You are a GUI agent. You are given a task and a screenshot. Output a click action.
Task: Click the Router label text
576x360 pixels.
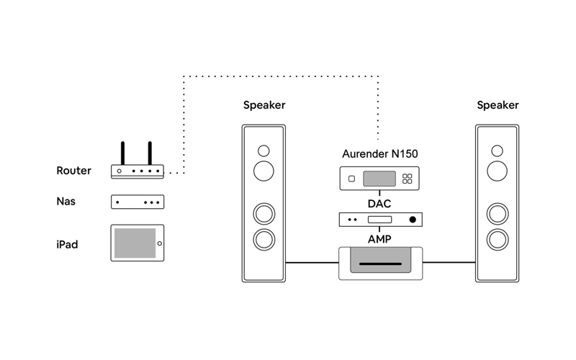coord(73,171)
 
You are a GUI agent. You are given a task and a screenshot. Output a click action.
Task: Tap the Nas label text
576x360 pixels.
coord(66,202)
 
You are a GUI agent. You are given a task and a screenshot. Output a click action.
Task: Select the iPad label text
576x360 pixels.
coord(67,245)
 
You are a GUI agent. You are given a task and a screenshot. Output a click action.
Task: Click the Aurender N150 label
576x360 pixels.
coord(379,153)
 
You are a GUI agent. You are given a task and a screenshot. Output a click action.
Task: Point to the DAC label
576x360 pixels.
coord(379,204)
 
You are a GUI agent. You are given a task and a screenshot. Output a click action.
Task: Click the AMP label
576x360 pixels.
coord(379,238)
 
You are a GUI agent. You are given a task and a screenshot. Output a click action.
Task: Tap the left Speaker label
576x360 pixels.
coord(264,105)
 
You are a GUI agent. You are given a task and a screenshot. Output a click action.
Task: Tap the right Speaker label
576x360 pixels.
coord(498,105)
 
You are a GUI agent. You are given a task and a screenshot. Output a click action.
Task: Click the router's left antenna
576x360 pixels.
coord(122,153)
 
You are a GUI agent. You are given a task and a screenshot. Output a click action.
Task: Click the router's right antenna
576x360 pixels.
coord(150,153)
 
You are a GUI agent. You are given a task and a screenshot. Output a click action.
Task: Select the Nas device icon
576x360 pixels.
coord(137,202)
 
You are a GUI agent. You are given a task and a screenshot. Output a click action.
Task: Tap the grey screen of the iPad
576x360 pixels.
coord(134,243)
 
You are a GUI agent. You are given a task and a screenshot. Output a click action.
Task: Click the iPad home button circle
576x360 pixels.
coord(159,243)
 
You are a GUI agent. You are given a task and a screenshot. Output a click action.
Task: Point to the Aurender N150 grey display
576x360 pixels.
coord(379,179)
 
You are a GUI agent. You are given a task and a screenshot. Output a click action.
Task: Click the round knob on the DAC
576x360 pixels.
coord(413,219)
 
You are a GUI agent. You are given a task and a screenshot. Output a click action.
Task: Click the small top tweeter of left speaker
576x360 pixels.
coord(264,150)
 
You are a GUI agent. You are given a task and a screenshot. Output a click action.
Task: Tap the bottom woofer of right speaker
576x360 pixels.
coord(497,238)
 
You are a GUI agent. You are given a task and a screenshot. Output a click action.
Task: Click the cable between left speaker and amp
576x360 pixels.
coord(312,263)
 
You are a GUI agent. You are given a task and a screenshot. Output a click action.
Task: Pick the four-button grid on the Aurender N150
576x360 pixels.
coord(407,179)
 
